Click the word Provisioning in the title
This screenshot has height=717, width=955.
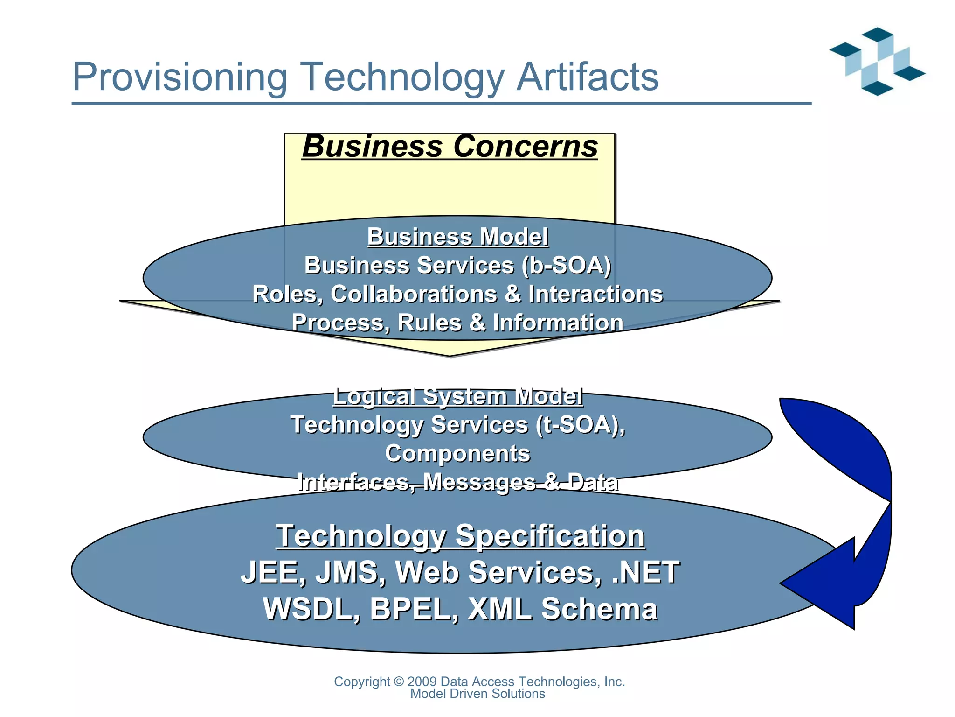(180, 77)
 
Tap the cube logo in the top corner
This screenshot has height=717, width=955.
(877, 61)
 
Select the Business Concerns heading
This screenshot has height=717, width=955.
(450, 146)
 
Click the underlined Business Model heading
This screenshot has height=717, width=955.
(457, 237)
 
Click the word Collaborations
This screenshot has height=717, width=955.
(413, 294)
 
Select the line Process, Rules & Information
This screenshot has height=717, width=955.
(457, 323)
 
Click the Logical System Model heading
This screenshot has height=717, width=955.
(457, 396)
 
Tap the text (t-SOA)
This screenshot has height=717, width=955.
(580, 425)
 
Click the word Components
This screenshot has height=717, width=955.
(457, 454)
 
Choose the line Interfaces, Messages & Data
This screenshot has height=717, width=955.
(457, 482)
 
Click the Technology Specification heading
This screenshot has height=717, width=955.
(460, 536)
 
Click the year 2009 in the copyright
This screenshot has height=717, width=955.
(422, 682)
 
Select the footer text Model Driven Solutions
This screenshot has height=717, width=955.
(477, 694)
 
